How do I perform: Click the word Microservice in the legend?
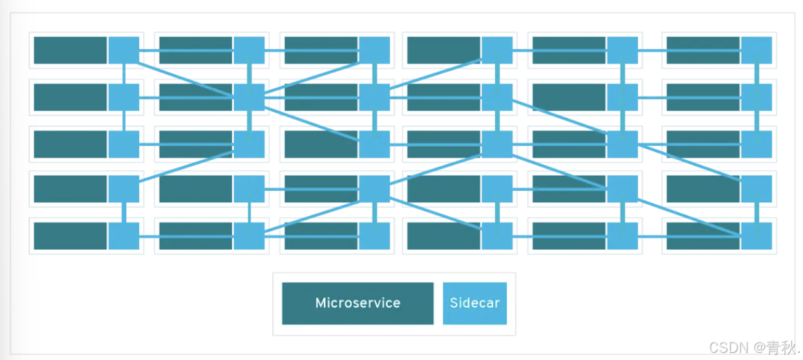(357, 303)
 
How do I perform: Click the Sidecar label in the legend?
(475, 303)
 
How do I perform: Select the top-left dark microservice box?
(70, 50)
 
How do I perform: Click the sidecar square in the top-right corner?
(756, 50)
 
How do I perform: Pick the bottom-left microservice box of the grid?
(70, 236)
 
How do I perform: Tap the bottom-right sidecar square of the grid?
(756, 236)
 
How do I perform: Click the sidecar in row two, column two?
(249, 97)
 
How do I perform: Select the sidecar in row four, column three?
(374, 189)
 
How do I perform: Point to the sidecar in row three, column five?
(622, 144)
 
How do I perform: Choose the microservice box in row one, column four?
(444, 50)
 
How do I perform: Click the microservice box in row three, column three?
(321, 144)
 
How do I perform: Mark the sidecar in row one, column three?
(374, 50)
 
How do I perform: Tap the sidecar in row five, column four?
(497, 236)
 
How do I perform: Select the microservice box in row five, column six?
(703, 236)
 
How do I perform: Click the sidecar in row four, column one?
(124, 189)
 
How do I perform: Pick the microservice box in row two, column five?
(569, 97)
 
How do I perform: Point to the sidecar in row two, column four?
(497, 97)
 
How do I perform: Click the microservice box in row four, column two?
(196, 189)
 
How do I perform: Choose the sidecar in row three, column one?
(124, 144)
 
